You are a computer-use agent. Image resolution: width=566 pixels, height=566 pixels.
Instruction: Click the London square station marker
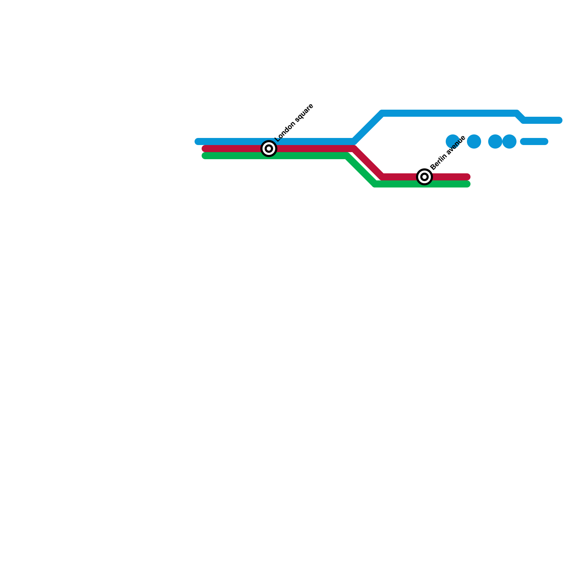point(269,149)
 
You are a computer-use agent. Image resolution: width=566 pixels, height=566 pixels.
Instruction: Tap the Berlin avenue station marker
point(424,177)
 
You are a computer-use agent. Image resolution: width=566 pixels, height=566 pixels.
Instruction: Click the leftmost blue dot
point(452,141)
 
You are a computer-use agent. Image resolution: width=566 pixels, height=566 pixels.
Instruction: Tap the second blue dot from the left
point(474,141)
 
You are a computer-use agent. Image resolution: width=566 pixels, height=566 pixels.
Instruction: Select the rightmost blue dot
point(509,141)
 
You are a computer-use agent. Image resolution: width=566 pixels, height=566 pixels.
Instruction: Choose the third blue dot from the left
point(495,141)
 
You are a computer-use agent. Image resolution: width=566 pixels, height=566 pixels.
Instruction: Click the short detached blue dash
point(534,141)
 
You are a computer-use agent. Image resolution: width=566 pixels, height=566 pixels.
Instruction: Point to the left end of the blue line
point(198,141)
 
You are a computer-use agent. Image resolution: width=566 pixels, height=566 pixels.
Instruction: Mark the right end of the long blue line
point(559,120)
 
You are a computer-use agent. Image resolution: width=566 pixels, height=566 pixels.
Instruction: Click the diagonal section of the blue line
point(368,127)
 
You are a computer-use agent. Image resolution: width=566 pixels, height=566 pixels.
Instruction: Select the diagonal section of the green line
point(361,170)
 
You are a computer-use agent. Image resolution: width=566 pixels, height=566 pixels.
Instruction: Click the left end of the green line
point(205,156)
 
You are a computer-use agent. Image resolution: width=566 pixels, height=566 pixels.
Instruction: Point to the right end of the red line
point(467,177)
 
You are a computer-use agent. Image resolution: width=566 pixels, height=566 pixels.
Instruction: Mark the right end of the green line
point(467,184)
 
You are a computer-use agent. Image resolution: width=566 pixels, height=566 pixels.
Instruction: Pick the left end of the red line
point(205,149)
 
